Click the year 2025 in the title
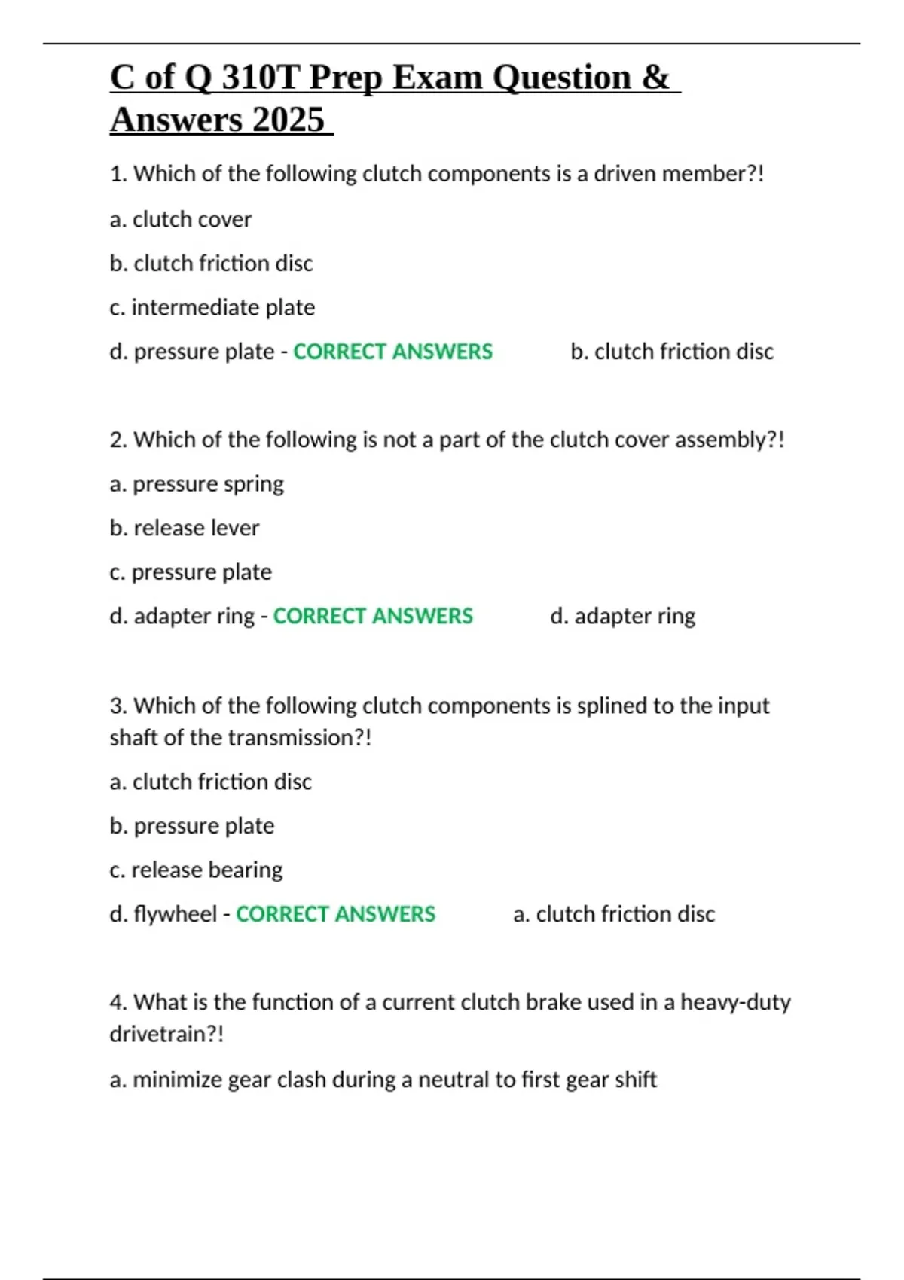[x=289, y=120]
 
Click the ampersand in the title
[x=655, y=78]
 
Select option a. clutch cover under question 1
[x=181, y=219]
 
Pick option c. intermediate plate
[x=212, y=307]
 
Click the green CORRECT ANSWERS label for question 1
[x=392, y=352]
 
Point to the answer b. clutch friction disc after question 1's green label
[x=672, y=352]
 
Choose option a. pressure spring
[x=197, y=483]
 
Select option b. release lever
[x=185, y=528]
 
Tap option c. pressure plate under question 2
[x=191, y=572]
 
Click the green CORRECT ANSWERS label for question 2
[x=373, y=616]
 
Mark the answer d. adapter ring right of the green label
[x=623, y=616]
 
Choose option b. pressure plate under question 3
[x=192, y=826]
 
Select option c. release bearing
[x=196, y=870]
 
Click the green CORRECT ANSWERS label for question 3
[x=336, y=914]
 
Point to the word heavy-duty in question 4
[x=735, y=1002]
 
